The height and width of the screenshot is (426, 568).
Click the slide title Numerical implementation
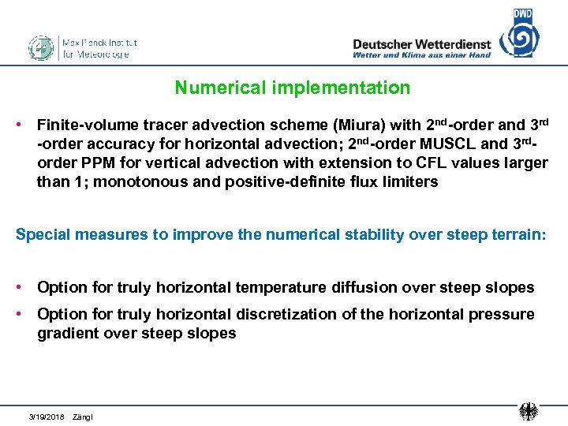(292, 88)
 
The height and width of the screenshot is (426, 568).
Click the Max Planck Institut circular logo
(41, 48)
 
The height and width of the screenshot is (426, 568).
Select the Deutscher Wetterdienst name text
(421, 44)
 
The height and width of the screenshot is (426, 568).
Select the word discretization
(284, 314)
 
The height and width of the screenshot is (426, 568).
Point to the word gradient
(65, 333)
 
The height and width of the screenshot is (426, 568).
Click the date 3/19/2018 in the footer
(47, 416)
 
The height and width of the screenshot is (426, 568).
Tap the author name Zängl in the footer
(82, 416)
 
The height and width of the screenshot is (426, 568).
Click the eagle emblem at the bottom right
(529, 411)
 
